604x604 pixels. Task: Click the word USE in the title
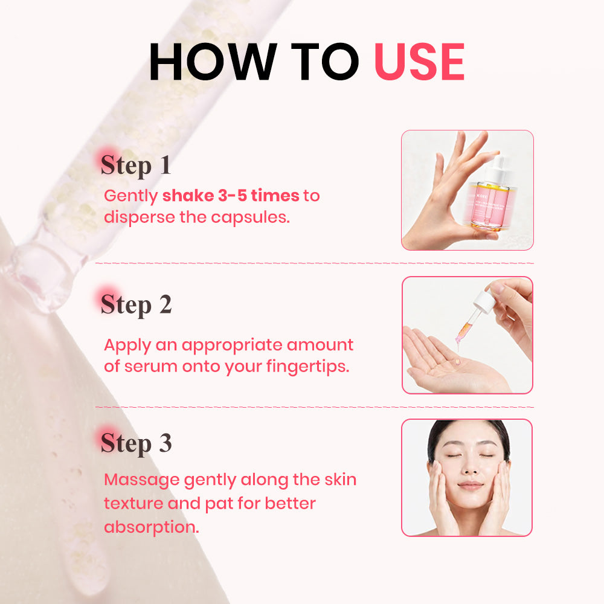click(x=420, y=62)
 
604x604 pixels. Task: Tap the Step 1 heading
click(x=135, y=165)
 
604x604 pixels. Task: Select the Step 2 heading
click(x=136, y=304)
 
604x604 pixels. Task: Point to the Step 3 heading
click(x=136, y=443)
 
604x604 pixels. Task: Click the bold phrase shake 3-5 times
click(x=231, y=196)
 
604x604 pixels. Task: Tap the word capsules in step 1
click(x=250, y=218)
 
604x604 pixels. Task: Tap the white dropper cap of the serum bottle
click(x=496, y=170)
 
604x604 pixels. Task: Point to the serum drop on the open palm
click(x=457, y=362)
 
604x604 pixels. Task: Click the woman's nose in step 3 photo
click(x=469, y=466)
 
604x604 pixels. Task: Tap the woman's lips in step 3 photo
click(x=470, y=485)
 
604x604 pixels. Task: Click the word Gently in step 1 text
click(x=131, y=196)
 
